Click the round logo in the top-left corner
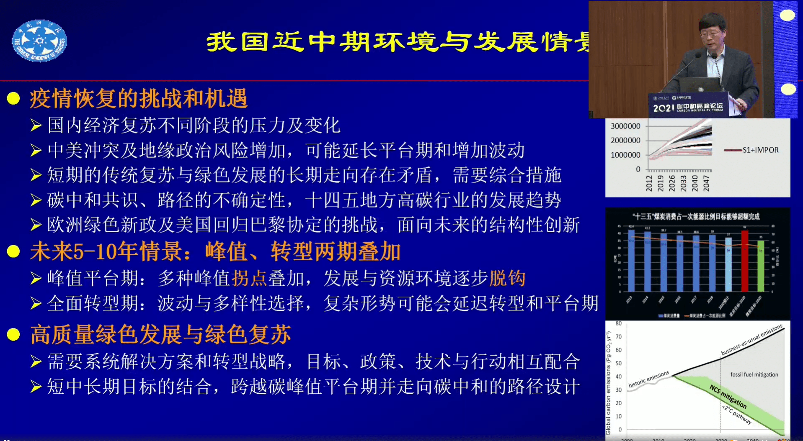[x=39, y=41]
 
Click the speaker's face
[x=712, y=35]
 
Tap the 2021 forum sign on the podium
[x=688, y=107]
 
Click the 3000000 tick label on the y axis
[x=625, y=126]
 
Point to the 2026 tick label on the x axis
[x=672, y=183]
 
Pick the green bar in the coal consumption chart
[x=761, y=265]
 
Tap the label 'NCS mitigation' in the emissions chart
[x=728, y=396]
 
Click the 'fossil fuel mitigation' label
[x=754, y=374]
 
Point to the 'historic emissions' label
[x=648, y=379]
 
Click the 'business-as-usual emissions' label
[x=751, y=340]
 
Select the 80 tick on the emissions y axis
[x=619, y=323]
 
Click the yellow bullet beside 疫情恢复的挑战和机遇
[x=13, y=98]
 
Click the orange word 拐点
[x=249, y=278]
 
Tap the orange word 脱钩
[x=507, y=278]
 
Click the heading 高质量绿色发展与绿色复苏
[x=161, y=335]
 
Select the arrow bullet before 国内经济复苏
[x=36, y=126]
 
